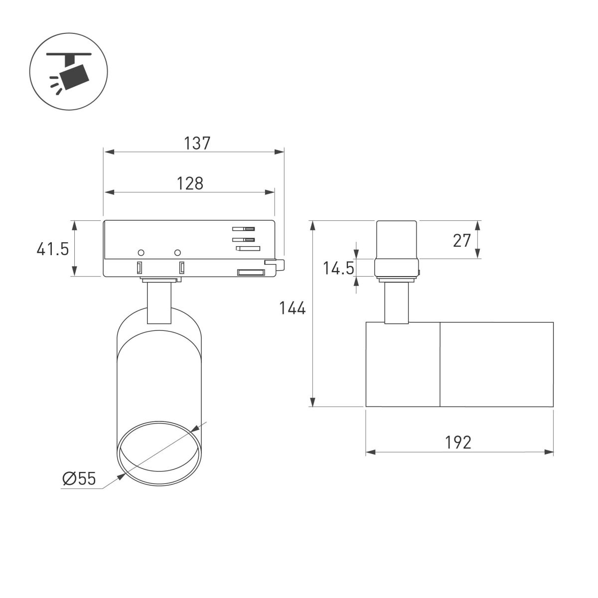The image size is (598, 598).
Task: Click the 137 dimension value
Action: coord(197,144)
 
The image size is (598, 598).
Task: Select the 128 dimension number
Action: coord(190,183)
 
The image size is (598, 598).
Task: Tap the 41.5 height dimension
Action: coord(52,249)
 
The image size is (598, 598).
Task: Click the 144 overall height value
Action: coord(292,309)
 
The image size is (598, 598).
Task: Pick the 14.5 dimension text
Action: coord(338,269)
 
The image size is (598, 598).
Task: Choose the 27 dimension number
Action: coord(462,240)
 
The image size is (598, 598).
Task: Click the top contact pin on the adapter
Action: coord(244,229)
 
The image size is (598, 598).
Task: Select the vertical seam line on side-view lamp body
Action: coord(440,364)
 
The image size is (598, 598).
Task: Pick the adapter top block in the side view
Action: coord(396,239)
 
